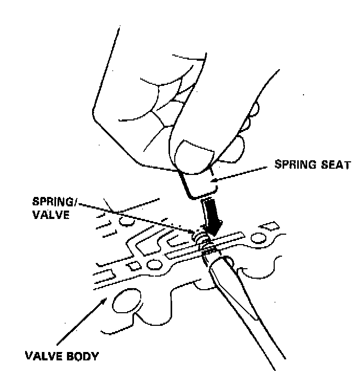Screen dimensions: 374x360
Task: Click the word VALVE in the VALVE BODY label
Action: coord(43,358)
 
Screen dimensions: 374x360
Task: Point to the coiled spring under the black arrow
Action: coord(201,238)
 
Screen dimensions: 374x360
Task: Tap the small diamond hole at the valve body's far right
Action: coord(271,226)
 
